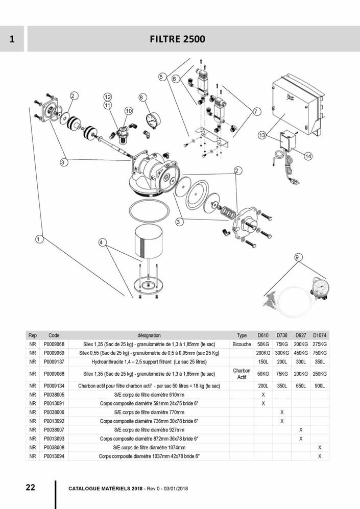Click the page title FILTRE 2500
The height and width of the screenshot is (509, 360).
coord(178,39)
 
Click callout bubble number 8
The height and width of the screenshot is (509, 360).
coord(142,98)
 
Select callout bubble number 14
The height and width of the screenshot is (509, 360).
coord(307,156)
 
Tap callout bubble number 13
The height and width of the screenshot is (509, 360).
coord(262,136)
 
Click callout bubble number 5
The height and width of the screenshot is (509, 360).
coord(161,77)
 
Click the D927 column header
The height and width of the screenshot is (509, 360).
coord(301,335)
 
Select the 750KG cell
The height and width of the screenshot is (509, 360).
coord(320,353)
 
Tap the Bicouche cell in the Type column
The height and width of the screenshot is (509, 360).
coord(242,344)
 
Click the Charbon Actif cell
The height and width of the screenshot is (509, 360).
coord(242,374)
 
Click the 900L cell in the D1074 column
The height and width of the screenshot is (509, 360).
coord(320,386)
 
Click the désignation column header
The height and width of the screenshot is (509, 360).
coord(149,335)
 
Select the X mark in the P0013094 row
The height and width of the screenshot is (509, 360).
coord(320,456)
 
